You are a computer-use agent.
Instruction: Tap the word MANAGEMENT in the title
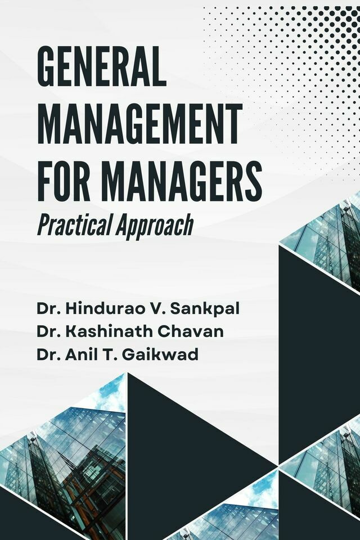(140, 124)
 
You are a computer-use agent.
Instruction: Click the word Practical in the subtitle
(73, 225)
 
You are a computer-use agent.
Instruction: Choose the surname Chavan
(193, 332)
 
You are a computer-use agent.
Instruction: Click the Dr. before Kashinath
(48, 332)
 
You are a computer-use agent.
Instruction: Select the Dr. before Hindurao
(48, 309)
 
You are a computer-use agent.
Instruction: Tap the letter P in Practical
(42, 225)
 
